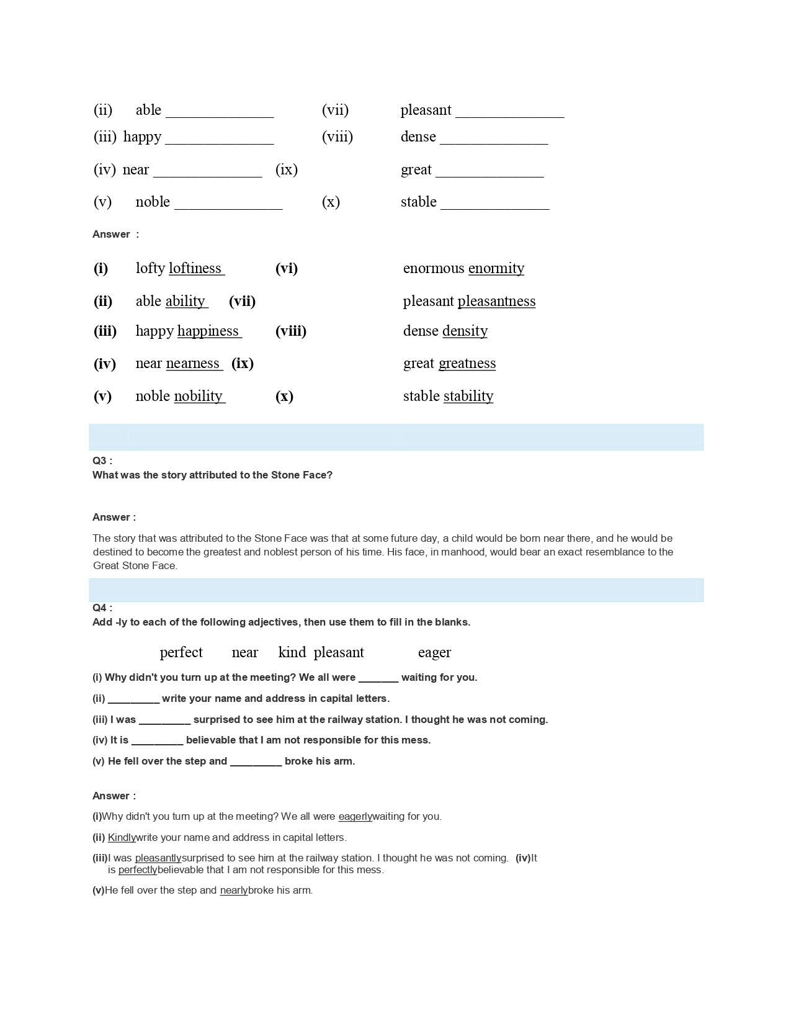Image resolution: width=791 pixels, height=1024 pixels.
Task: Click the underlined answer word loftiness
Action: [x=195, y=268]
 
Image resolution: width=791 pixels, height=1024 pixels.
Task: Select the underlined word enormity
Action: [x=496, y=268]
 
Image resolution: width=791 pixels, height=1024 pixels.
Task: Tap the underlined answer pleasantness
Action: [x=496, y=301]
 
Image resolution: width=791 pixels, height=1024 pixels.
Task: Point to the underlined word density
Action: [x=465, y=331]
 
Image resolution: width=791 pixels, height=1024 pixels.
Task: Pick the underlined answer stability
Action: [x=468, y=396]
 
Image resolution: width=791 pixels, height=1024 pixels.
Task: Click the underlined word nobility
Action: [x=199, y=396]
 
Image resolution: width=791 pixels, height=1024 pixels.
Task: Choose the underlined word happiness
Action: [x=208, y=331]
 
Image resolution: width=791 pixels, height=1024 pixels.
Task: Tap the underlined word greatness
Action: [x=467, y=363]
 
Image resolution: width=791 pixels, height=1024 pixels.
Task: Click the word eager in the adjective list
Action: [x=434, y=652]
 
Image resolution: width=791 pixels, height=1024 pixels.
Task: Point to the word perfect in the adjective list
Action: [x=181, y=652]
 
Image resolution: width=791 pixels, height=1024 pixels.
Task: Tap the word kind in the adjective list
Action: [x=292, y=652]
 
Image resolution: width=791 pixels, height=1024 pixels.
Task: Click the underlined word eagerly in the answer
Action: [x=355, y=817]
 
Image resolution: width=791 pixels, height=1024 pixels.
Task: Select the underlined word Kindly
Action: [x=122, y=838]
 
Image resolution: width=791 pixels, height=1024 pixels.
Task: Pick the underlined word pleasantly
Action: [x=158, y=858]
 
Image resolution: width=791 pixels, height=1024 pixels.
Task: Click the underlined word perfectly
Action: [x=138, y=870]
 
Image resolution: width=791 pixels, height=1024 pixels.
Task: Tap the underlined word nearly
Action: [x=234, y=891]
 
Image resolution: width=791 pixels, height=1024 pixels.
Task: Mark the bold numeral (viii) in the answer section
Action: [x=291, y=331]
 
